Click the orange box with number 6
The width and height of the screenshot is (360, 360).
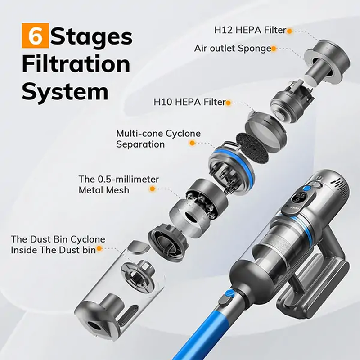(x=35, y=36)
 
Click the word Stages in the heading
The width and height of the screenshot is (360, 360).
(x=91, y=37)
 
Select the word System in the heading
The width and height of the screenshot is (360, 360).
(x=65, y=92)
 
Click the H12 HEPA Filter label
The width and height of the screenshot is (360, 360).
(x=250, y=30)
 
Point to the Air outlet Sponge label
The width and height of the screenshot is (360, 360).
(x=233, y=49)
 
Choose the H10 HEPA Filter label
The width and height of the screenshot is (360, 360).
(x=189, y=102)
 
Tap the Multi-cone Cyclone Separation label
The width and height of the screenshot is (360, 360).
(x=158, y=139)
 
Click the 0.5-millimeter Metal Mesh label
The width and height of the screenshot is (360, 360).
(x=118, y=184)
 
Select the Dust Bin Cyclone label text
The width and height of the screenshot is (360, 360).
(x=58, y=244)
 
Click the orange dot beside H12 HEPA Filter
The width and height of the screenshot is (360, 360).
(x=289, y=31)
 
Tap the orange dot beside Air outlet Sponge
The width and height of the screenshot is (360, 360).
(x=274, y=49)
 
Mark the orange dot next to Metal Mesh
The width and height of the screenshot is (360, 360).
(x=153, y=189)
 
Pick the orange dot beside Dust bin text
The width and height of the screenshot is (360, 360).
(x=99, y=248)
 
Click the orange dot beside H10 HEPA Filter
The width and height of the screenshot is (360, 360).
(x=228, y=103)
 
